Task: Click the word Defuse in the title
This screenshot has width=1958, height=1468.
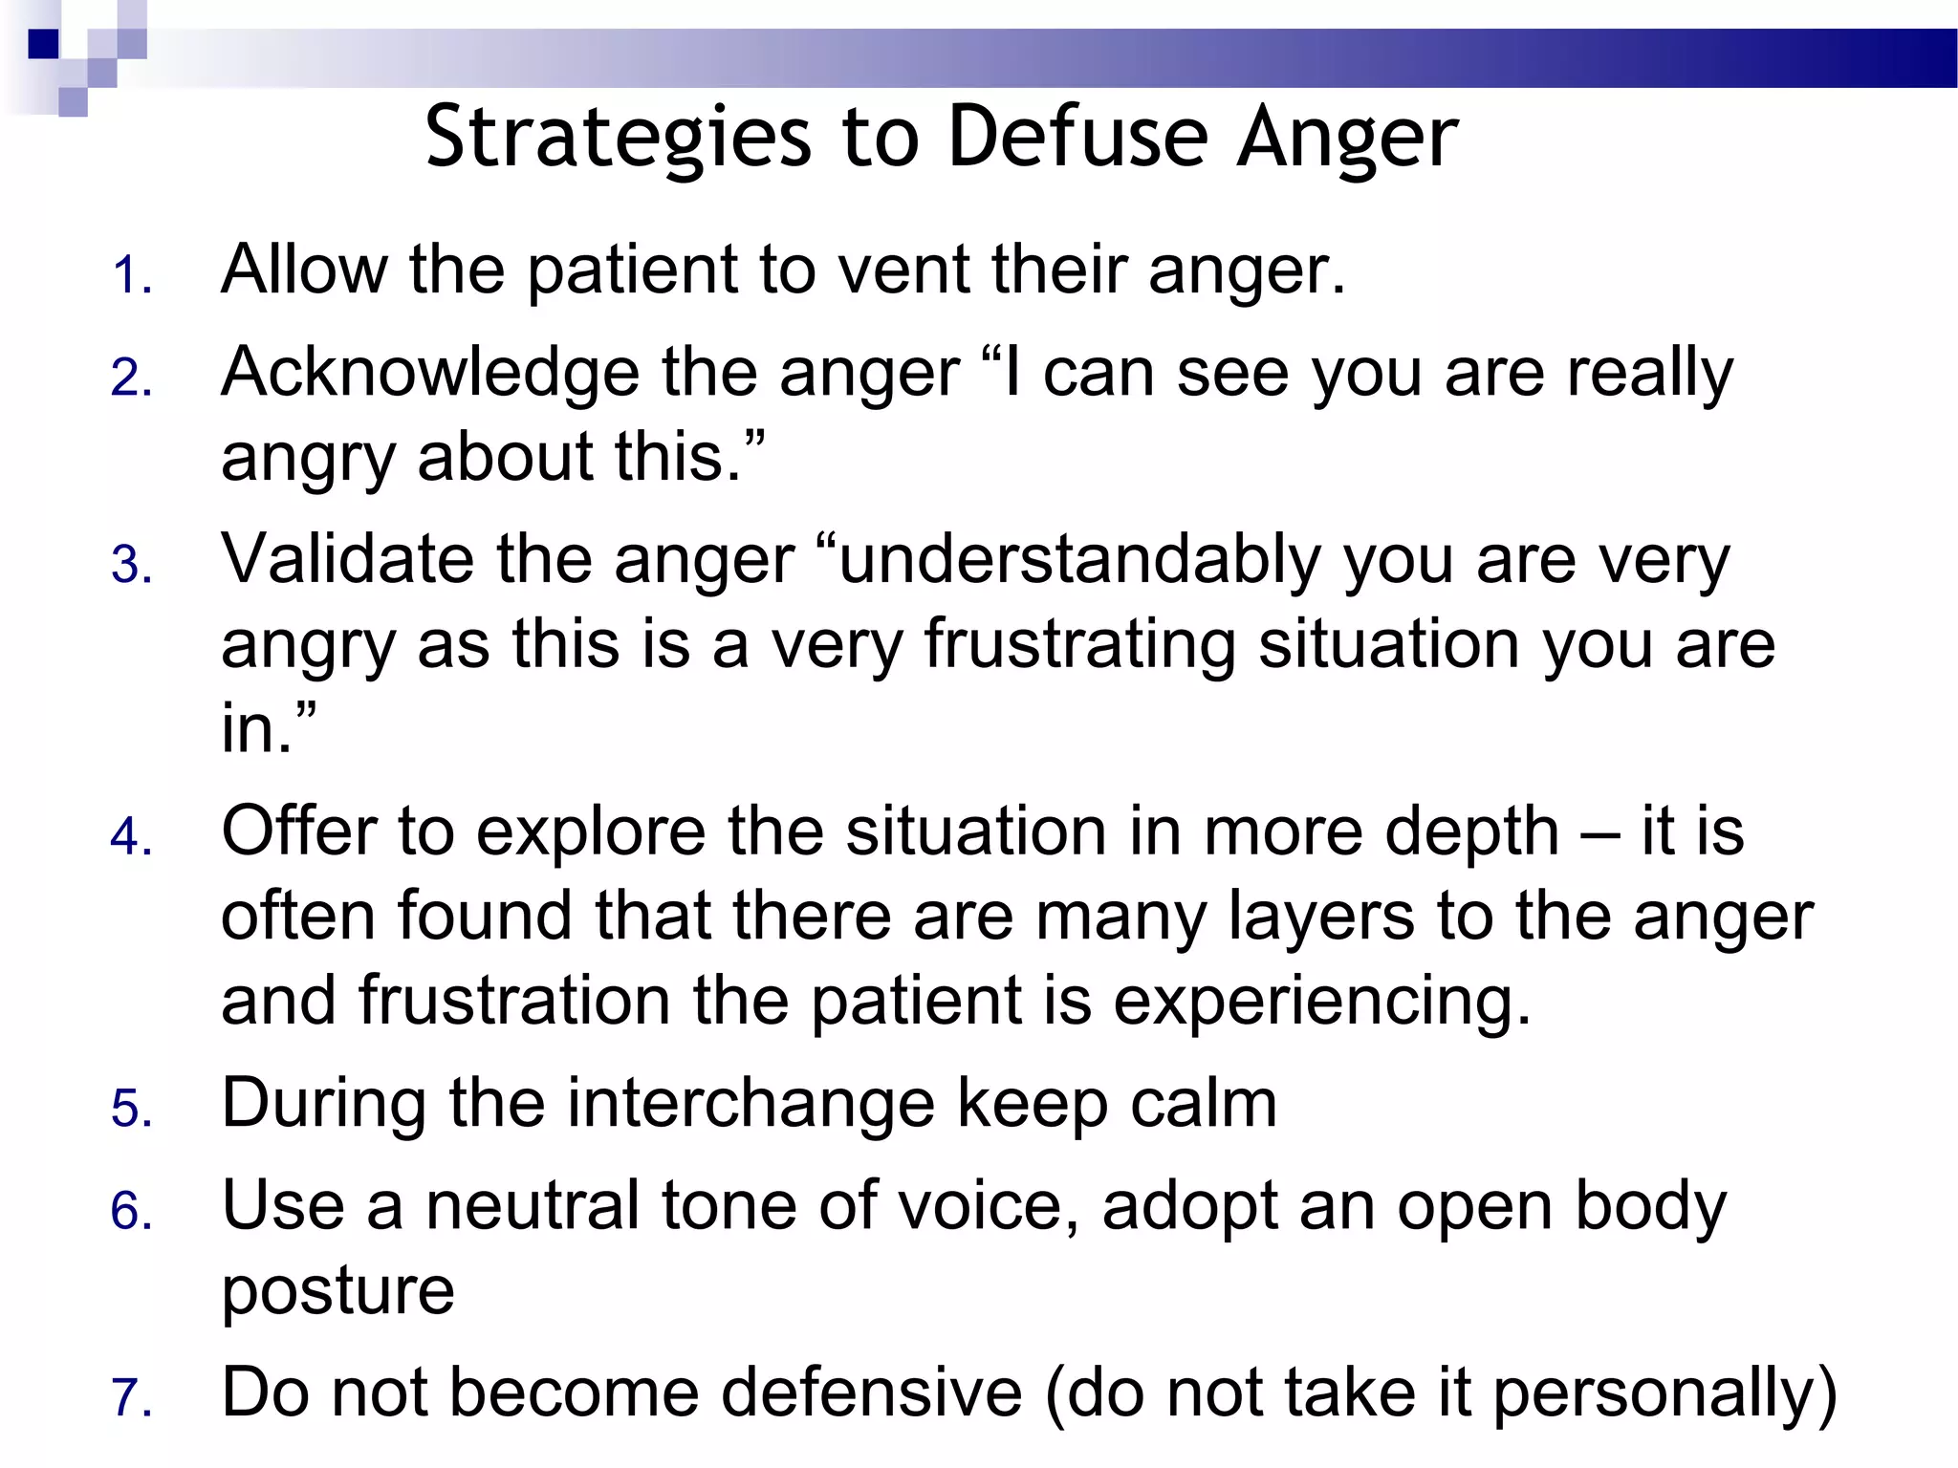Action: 1077,139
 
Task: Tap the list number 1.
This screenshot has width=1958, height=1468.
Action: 131,277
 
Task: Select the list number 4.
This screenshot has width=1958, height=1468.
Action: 131,838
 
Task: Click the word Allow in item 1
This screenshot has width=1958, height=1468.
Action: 304,270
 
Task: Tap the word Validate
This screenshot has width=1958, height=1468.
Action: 347,559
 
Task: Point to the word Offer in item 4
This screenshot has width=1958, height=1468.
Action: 298,831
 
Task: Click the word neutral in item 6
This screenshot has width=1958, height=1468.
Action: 533,1206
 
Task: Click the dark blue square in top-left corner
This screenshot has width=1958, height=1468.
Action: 42,44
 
